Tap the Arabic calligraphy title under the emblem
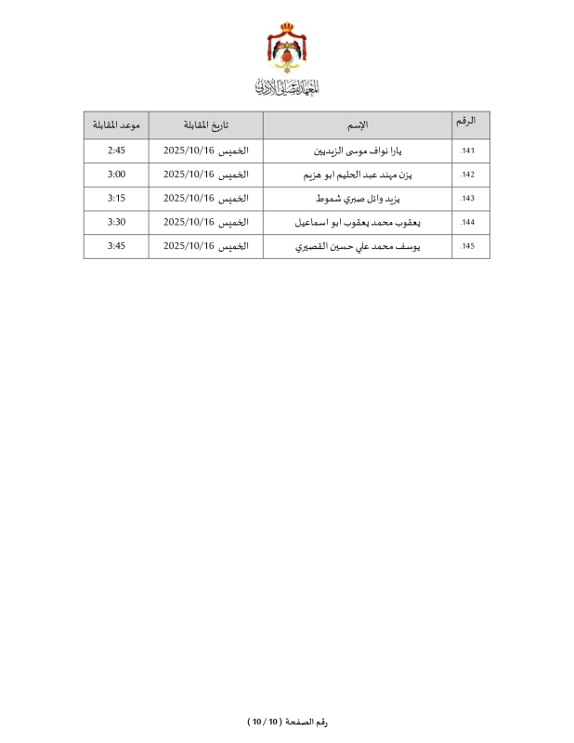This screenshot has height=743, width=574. pyautogui.click(x=287, y=88)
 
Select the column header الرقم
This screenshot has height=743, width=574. pyautogui.click(x=468, y=122)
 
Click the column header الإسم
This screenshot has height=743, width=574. pyautogui.click(x=358, y=125)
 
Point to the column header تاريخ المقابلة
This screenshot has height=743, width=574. pyautogui.click(x=205, y=125)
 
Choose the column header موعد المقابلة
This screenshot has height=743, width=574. pyautogui.click(x=116, y=125)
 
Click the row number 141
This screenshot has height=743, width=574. pyautogui.click(x=467, y=150)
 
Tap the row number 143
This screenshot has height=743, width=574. pyautogui.click(x=467, y=199)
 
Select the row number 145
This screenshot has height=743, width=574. pyautogui.click(x=467, y=247)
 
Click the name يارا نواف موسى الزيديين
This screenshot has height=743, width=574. pyautogui.click(x=358, y=150)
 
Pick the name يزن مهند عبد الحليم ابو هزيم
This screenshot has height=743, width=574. pyautogui.click(x=358, y=175)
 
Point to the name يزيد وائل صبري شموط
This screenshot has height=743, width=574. pyautogui.click(x=358, y=199)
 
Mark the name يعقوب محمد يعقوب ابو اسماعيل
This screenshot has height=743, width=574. pyautogui.click(x=358, y=223)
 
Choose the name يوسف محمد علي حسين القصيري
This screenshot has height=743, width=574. pyautogui.click(x=358, y=247)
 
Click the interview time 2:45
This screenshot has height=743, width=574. pyautogui.click(x=116, y=150)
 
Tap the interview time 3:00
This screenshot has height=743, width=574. pyautogui.click(x=116, y=174)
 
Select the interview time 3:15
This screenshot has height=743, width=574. pyautogui.click(x=116, y=198)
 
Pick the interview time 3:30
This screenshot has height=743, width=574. pyautogui.click(x=116, y=222)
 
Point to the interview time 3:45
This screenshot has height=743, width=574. pyautogui.click(x=116, y=246)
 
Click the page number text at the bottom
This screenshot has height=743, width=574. pyautogui.click(x=287, y=722)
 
